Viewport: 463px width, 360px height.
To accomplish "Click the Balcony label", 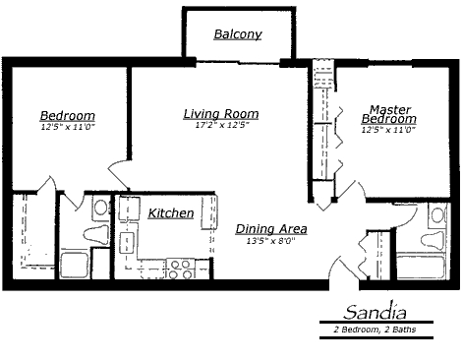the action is pos(238,34).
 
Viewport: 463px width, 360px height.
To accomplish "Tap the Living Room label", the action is pos(221,114).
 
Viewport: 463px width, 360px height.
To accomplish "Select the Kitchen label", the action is pos(171,213).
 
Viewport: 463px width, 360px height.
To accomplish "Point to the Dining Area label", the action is pos(271,229).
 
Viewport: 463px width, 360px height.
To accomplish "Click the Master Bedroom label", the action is pos(389,114).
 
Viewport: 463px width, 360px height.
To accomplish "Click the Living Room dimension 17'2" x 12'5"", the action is pos(222,125).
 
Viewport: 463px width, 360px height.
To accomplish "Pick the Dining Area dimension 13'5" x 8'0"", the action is pos(271,241).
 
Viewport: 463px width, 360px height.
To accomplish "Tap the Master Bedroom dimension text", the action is pos(388,130).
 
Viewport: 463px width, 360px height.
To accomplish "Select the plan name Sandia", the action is pos(376,312).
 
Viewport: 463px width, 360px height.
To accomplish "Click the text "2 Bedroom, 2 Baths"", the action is pos(375,330).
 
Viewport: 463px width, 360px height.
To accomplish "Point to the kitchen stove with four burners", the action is pos(180,269).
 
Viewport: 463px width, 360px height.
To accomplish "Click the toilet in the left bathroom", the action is pos(96,235).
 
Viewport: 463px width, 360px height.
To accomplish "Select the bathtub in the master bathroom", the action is pos(421,267).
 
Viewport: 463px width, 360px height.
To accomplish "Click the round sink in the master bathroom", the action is pos(437,215).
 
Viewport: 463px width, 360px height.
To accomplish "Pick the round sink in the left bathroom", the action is pos(100,208).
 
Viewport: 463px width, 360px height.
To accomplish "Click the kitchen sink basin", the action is pos(126,243).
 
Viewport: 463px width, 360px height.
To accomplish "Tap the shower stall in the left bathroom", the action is pos(75,266).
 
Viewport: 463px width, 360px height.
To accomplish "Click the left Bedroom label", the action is pos(68,116).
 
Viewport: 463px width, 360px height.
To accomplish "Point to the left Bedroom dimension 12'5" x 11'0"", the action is pos(68,127).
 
